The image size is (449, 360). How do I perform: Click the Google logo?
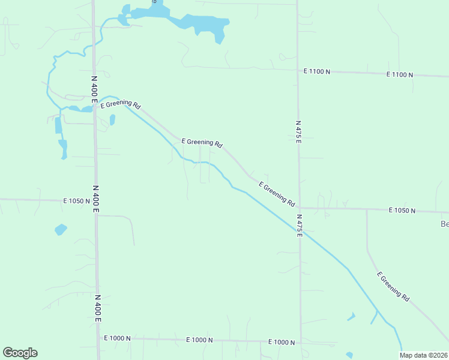20,353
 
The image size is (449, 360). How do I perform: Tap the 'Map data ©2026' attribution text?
424,355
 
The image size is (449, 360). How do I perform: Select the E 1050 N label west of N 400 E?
76,201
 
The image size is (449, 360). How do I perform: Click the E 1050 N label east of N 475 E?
402,210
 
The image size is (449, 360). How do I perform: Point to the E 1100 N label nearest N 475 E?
317,71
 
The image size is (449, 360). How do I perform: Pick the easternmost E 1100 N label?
400,74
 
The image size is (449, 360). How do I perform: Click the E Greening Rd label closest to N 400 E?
121,104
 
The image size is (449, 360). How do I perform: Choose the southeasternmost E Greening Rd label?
393,286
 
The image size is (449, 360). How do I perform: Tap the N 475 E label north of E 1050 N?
298,131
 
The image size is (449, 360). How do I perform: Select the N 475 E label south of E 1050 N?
299,224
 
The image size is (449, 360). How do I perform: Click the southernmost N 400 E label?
97,308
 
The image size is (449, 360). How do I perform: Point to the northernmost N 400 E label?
94,89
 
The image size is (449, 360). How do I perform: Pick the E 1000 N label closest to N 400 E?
116,338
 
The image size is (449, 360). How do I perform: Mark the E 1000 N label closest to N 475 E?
281,342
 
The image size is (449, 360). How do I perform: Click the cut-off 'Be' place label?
444,224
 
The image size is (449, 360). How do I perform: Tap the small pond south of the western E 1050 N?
61,229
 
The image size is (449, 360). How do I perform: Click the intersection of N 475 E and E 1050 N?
299,208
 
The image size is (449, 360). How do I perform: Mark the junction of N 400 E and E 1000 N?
98,338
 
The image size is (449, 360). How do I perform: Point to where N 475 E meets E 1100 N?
297,70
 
